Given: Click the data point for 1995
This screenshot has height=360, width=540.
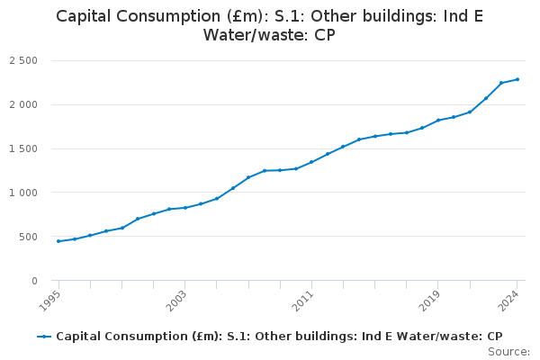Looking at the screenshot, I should coord(58,241).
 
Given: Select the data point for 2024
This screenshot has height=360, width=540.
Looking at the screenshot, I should coord(517,79).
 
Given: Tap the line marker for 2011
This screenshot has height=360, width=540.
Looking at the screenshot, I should coord(311,162).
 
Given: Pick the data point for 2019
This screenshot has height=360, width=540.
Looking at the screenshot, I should coord(437,120).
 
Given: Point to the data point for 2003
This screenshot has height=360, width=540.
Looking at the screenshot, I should coord(184,208).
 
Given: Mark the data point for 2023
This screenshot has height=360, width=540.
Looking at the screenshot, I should coord(501,83).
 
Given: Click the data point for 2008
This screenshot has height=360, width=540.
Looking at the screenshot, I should coord(264,171).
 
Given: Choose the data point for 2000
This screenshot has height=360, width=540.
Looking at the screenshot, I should coord(138,219).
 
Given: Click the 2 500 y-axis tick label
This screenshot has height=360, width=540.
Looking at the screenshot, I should coord(23,61).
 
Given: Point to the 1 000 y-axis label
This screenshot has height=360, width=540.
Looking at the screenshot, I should coord(23,193).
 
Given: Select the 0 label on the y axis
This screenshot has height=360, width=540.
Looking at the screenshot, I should coord(34,281).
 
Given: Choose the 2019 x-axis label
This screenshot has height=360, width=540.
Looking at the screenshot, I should coord(433,299).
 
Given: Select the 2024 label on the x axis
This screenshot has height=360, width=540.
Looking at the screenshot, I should coord(512,299).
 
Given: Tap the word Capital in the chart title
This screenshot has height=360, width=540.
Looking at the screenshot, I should coord(87,16).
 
